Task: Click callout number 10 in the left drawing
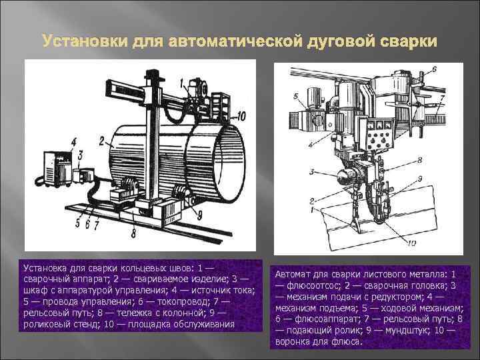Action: click(x=241, y=116)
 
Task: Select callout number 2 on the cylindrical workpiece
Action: click(x=101, y=141)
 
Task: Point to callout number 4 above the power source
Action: click(x=74, y=141)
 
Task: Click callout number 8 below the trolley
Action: click(x=133, y=233)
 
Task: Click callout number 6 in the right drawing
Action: click(x=434, y=69)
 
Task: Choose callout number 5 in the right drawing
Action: click(x=296, y=97)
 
